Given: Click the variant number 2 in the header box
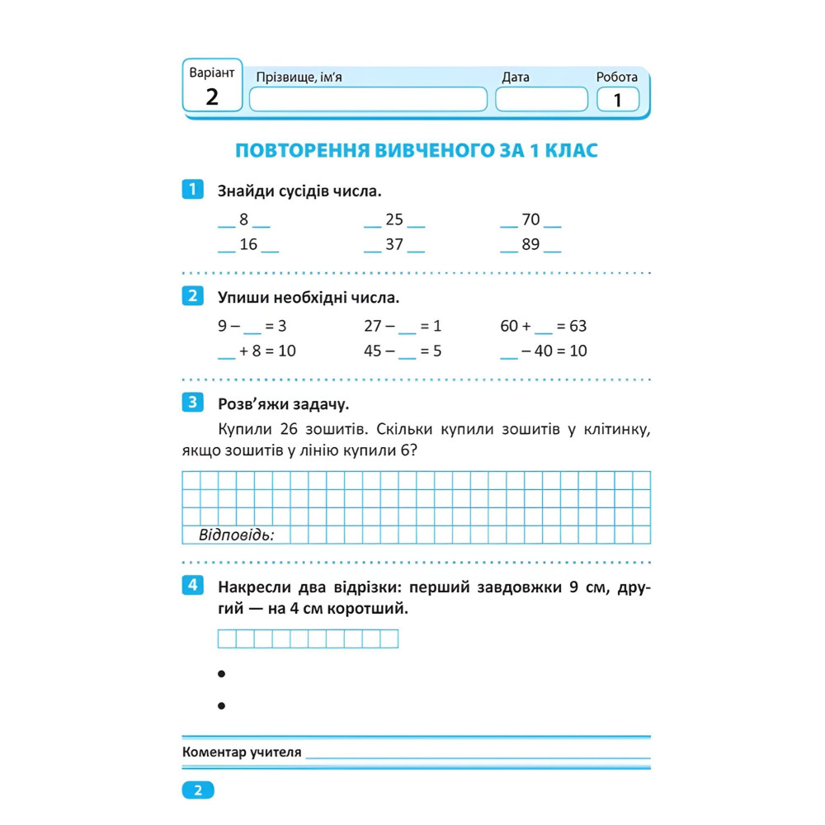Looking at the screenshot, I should [x=212, y=97].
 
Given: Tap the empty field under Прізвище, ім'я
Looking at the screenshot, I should [x=368, y=100].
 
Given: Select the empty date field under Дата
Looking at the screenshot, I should [x=537, y=100].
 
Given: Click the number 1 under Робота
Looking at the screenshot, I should [x=617, y=101].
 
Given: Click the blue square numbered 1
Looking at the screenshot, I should [x=191, y=190].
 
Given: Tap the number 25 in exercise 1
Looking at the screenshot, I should [x=394, y=219].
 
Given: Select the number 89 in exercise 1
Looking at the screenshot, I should [x=530, y=244].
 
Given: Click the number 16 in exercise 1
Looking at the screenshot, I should [x=248, y=244].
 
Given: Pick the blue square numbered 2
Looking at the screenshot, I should [x=191, y=296].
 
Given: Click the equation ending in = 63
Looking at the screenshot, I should [x=543, y=326].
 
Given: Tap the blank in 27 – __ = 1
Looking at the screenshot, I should [x=408, y=327].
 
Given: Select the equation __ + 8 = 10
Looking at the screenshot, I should [x=257, y=351].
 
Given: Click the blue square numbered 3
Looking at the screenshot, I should [x=191, y=403].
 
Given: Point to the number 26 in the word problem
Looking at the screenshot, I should [x=289, y=429].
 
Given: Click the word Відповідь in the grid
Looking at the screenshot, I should [x=236, y=535].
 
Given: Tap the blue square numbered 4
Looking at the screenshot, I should [x=191, y=586].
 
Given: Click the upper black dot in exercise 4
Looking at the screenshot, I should [x=221, y=674].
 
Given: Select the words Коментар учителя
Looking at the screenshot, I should [x=241, y=752].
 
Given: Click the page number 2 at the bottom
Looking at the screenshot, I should [x=197, y=790].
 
